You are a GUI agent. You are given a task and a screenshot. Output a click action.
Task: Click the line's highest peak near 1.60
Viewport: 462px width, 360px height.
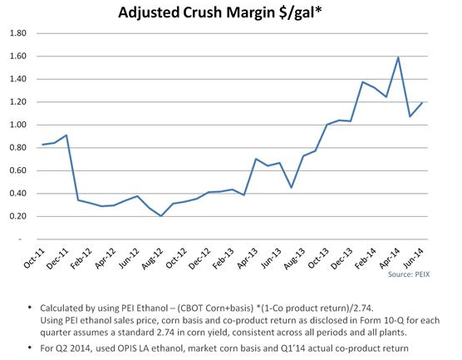[398, 57]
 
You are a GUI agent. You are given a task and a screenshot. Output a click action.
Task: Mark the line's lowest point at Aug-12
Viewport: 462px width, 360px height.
[161, 215]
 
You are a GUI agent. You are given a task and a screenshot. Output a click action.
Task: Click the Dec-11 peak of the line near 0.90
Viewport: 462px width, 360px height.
[66, 135]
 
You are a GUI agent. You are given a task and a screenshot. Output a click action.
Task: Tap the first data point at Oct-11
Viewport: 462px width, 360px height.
[43, 145]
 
